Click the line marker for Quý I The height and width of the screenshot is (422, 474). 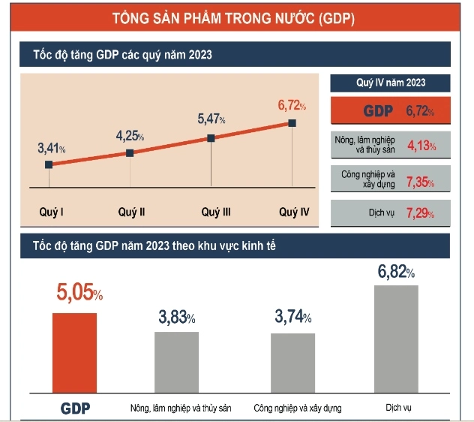point(49,164)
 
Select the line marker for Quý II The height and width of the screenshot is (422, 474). point(130,152)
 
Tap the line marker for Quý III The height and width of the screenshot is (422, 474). point(211,138)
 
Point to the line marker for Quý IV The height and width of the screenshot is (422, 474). point(292,122)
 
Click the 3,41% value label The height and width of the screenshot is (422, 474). point(52,148)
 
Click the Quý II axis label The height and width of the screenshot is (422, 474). point(131,213)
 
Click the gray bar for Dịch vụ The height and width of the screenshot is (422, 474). point(395,338)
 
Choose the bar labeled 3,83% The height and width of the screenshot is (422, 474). point(177,361)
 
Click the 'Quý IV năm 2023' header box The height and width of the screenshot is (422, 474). point(389,83)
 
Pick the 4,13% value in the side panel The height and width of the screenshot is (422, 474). point(421,146)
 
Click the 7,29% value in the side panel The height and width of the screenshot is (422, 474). point(420,213)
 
